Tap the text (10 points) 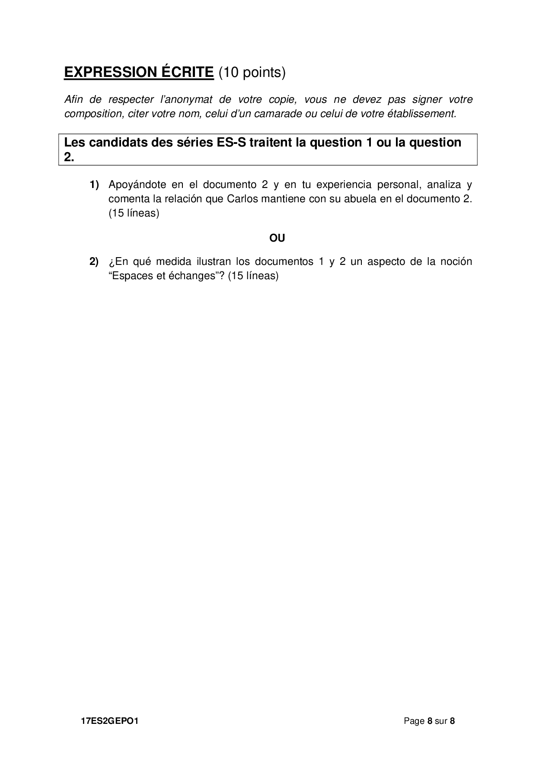(x=252, y=73)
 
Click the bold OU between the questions (x=277, y=238)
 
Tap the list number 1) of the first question (x=94, y=185)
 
